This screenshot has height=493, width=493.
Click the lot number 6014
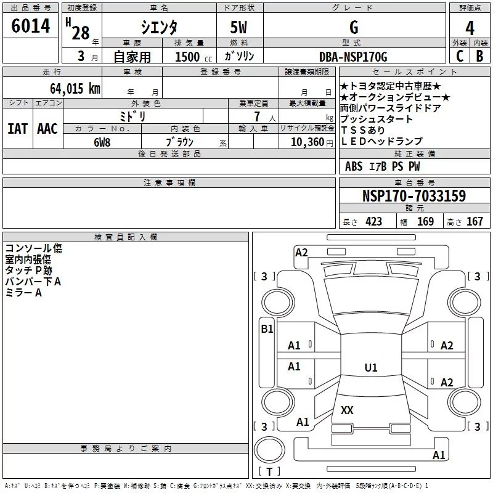(30, 26)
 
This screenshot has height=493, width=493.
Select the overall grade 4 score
(470, 28)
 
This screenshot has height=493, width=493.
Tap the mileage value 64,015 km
(75, 89)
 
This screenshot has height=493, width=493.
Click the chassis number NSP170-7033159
(414, 195)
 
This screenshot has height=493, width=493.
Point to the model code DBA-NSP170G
(353, 57)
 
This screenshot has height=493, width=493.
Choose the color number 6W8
(102, 142)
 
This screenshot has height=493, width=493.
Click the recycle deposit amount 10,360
(307, 142)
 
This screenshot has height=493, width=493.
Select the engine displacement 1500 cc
(194, 57)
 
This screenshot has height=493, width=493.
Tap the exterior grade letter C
(460, 56)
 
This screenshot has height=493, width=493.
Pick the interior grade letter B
(480, 56)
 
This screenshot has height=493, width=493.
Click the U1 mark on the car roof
(371, 367)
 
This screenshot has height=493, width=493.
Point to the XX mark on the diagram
(347, 410)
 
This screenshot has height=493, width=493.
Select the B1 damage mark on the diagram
(267, 329)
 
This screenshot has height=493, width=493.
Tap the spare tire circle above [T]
(269, 450)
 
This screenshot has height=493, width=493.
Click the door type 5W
(238, 27)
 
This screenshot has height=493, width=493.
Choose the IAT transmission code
(17, 129)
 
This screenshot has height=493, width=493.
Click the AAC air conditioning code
(47, 129)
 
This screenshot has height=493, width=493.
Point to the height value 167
(475, 221)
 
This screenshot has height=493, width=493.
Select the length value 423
(374, 221)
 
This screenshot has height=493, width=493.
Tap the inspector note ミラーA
(23, 293)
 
